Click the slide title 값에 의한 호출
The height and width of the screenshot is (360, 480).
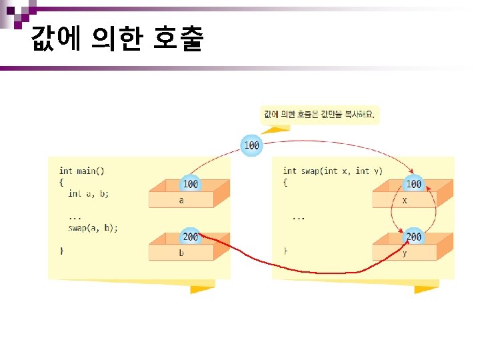117,41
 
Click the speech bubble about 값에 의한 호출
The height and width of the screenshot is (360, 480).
320,115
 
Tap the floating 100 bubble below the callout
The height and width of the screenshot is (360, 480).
252,145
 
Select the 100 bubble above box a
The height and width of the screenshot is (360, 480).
190,183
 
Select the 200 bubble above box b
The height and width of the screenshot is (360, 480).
190,237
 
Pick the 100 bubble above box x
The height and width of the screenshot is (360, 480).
413,183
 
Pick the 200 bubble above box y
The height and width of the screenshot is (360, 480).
413,237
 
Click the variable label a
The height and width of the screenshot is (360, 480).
181,199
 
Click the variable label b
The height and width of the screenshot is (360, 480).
181,253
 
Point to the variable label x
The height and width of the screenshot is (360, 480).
405,199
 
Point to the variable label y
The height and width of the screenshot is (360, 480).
405,253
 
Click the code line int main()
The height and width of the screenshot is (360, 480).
81,171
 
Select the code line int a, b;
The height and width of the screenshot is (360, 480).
88,193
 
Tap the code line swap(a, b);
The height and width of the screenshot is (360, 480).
93,227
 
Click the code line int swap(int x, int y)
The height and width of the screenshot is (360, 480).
333,171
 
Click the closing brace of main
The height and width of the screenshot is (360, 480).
61,250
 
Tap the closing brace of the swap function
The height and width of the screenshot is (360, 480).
285,250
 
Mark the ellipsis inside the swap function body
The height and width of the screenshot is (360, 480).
299,217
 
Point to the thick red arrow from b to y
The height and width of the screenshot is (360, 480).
300,269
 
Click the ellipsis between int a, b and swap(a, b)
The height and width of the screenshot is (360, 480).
75,216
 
